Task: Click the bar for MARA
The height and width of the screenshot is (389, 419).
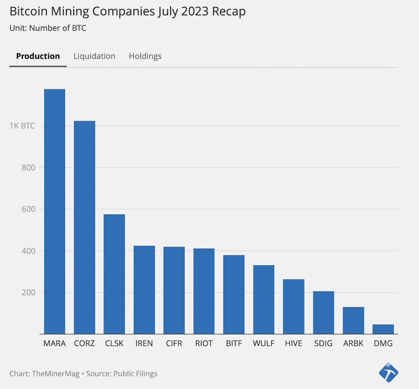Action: (54, 212)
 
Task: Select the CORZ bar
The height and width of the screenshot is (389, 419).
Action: (84, 227)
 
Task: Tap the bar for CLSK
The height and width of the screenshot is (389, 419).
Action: (114, 274)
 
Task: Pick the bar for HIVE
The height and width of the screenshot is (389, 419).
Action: (293, 307)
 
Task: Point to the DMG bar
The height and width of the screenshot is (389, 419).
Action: (383, 329)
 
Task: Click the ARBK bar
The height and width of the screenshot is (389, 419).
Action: (353, 321)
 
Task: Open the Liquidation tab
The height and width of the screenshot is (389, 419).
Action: (95, 56)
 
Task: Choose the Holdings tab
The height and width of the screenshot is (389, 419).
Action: (145, 56)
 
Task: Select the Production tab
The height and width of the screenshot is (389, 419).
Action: (38, 56)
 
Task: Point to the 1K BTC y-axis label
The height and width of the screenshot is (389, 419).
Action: (22, 126)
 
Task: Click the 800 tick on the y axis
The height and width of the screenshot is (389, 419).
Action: (28, 168)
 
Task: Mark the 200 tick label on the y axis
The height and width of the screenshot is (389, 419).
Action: (28, 293)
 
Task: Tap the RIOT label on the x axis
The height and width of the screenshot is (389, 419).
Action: (204, 344)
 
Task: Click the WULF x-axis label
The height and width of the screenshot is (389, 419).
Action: (264, 344)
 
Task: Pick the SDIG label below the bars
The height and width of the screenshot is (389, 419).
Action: (323, 344)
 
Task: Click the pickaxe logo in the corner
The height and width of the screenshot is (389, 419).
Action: (388, 373)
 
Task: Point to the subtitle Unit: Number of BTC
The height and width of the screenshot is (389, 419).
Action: (48, 28)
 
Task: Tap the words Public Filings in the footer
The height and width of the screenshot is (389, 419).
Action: (135, 374)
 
